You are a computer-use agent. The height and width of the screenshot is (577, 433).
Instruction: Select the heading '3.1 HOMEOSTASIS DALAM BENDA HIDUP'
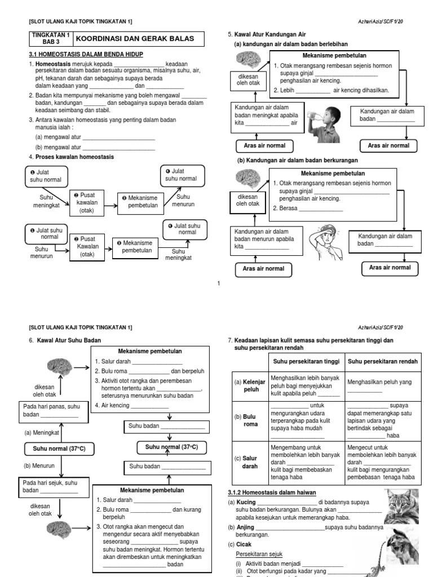tap(86, 54)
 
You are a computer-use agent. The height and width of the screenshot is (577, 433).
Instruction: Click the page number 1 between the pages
tap(218, 283)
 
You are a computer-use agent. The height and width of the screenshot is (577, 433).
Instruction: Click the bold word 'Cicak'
tap(244, 544)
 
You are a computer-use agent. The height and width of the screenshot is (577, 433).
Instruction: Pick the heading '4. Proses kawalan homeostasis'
tap(71, 157)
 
